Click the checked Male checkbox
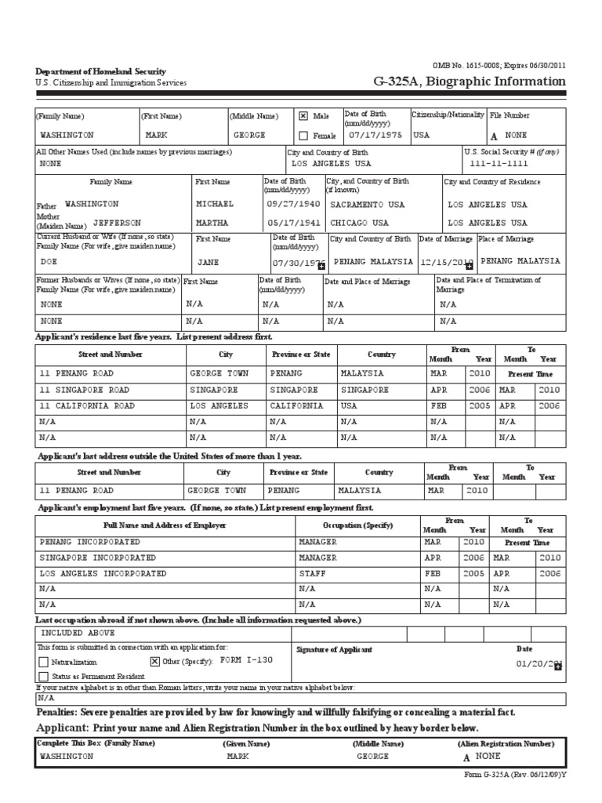coord(303,115)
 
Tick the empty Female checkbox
coord(303,135)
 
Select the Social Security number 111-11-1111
coord(500,164)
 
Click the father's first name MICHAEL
coord(215,204)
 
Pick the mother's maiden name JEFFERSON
coord(117,223)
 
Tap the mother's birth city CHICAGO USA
coord(359,223)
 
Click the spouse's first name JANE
coord(208,262)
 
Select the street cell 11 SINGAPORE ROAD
coord(85,390)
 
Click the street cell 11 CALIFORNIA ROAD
coord(87,406)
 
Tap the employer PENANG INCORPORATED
coord(90,542)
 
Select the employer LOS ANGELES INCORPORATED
coord(103,573)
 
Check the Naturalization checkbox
coord(43,662)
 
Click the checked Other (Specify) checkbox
coord(154,661)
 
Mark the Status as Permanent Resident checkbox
coord(43,675)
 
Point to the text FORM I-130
coord(246,660)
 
